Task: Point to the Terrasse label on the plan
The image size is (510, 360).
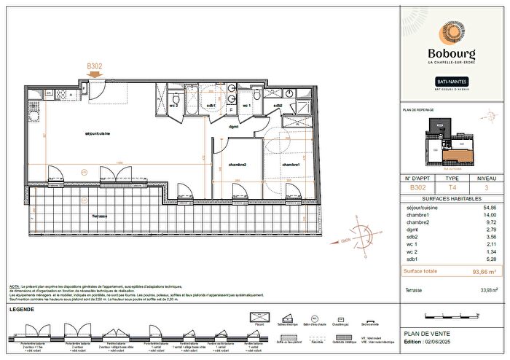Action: point(101,216)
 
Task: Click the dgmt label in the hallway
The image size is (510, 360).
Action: point(234,127)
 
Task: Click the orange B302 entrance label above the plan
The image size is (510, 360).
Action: point(95,66)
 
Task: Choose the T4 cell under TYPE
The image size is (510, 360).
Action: point(452,187)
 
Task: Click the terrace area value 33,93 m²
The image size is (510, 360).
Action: point(487,290)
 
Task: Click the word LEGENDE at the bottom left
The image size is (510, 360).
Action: point(23,310)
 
